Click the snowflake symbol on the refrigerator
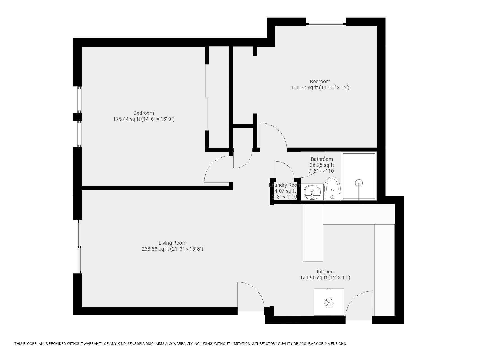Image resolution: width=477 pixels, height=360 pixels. coord(328,303)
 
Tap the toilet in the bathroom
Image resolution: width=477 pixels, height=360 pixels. coord(332,188)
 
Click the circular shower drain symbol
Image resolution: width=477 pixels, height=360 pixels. coord(359,183)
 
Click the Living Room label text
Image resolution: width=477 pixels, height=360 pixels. coord(172,243)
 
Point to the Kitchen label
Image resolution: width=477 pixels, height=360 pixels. coord(325,272)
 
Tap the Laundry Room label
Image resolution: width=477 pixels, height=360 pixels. coord(285,185)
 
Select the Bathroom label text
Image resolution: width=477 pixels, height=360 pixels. coord(322,159)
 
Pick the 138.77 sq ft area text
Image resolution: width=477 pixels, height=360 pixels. coord(304,87)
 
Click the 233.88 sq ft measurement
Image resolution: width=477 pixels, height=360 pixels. coord(155,249)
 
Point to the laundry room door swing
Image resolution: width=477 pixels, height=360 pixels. coord(285,170)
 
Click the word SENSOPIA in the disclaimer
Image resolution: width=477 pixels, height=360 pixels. coord(137,344)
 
